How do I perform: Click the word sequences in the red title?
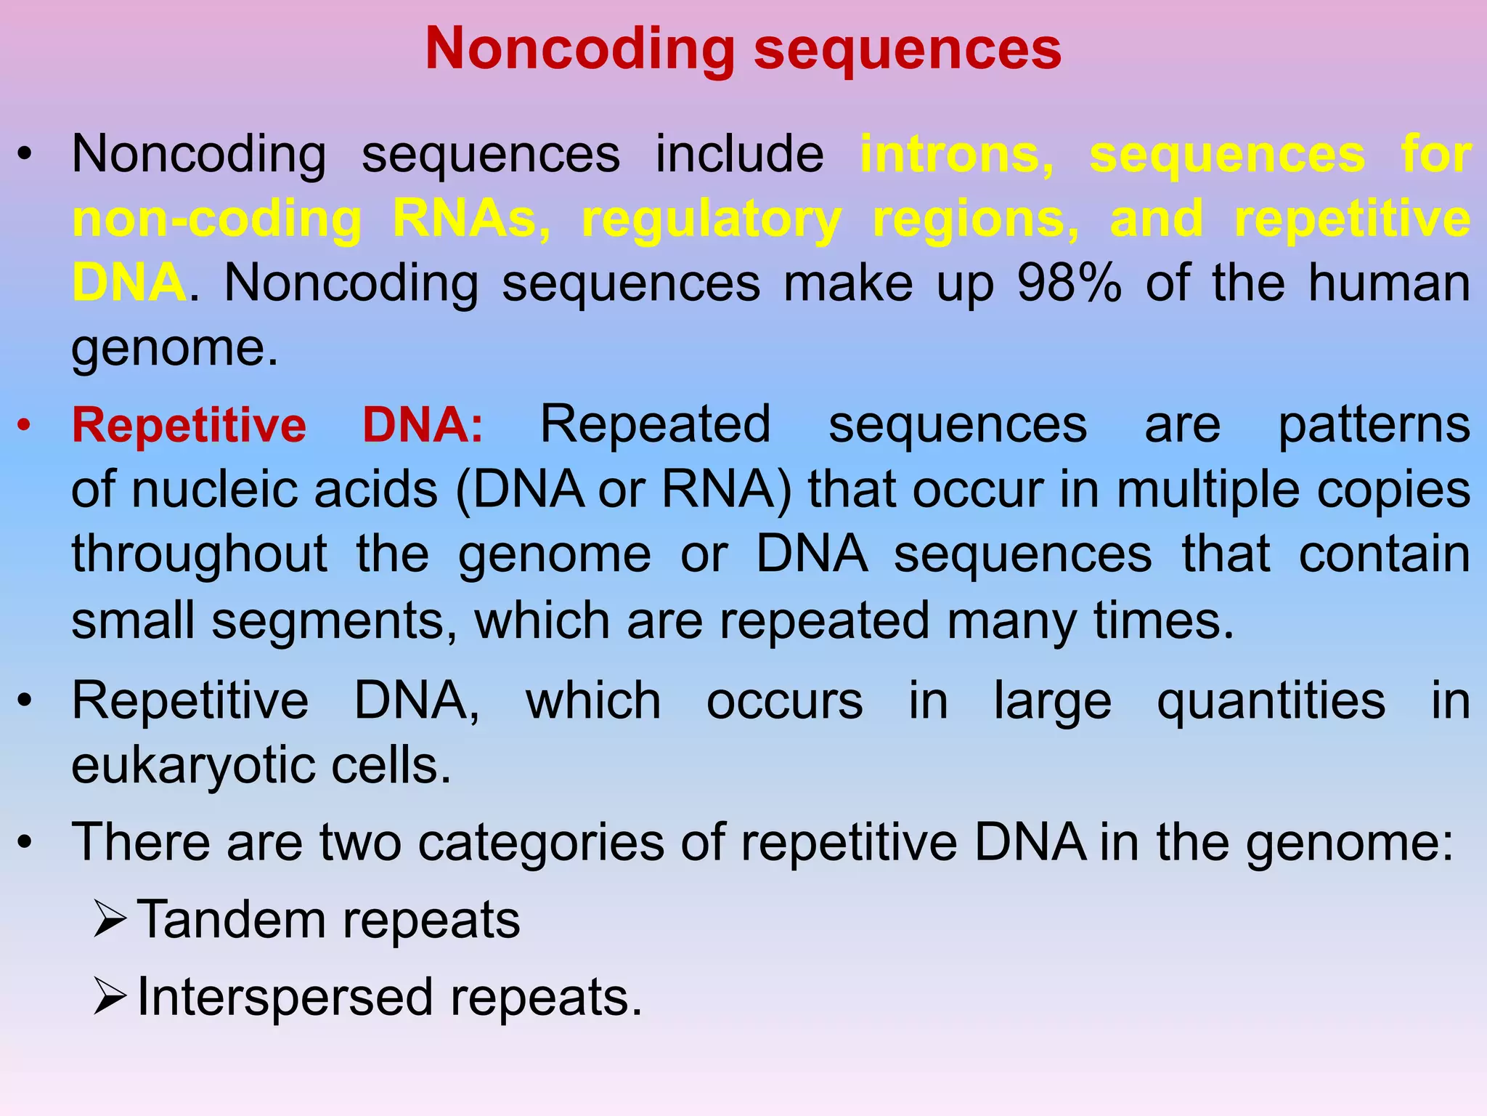click(x=908, y=49)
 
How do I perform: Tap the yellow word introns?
click(x=956, y=155)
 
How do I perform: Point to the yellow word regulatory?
click(x=712, y=219)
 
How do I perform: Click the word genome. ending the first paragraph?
click(x=174, y=348)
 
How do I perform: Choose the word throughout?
click(x=199, y=554)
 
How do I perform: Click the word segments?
click(x=335, y=620)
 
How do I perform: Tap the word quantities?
click(x=1271, y=701)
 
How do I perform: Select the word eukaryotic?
click(x=193, y=766)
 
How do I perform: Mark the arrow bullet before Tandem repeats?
click(x=110, y=920)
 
